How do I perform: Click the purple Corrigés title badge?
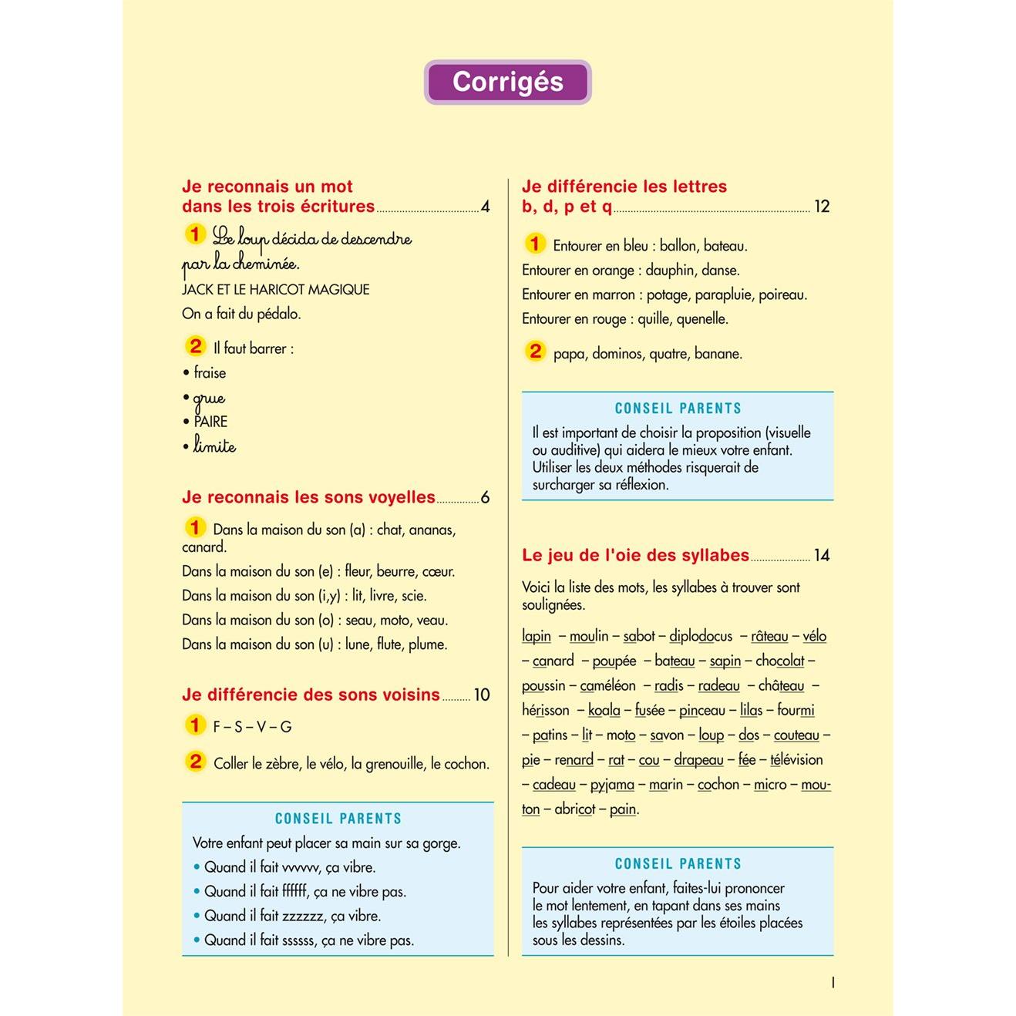pyautogui.click(x=507, y=82)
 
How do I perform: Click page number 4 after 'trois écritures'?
pyautogui.click(x=485, y=207)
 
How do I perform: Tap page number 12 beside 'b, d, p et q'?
pyautogui.click(x=822, y=207)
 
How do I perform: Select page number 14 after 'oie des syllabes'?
pyautogui.click(x=822, y=556)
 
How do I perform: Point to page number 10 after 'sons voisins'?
pyautogui.click(x=482, y=695)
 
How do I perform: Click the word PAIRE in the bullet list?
pyautogui.click(x=210, y=422)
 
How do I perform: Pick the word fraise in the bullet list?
pyautogui.click(x=210, y=373)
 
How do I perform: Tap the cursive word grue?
pyautogui.click(x=209, y=398)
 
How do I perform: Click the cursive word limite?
pyautogui.click(x=214, y=446)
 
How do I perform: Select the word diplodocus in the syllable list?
pyautogui.click(x=701, y=637)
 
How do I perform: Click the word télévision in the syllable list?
pyautogui.click(x=796, y=760)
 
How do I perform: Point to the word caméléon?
pyautogui.click(x=607, y=686)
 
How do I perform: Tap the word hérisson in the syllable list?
pyautogui.click(x=546, y=711)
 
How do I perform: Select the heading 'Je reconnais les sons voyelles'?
pyautogui.click(x=308, y=498)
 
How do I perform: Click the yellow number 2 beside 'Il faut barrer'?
pyautogui.click(x=196, y=346)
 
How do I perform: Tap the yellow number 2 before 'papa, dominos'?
pyautogui.click(x=535, y=352)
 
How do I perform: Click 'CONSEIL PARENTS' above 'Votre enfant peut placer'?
pyautogui.click(x=338, y=819)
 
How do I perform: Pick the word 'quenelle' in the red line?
pyautogui.click(x=702, y=319)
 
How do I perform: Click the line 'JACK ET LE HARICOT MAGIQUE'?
pyautogui.click(x=276, y=290)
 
